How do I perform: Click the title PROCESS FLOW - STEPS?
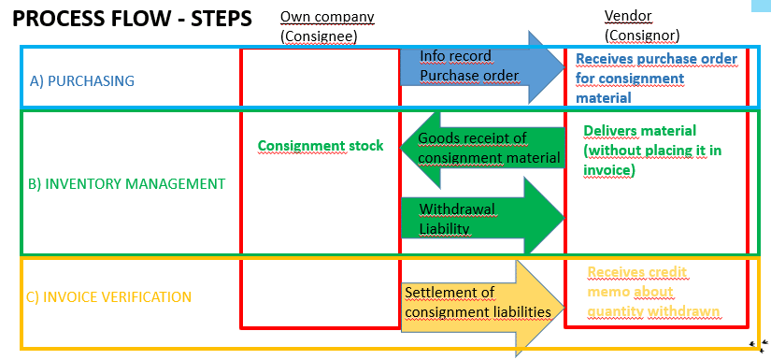click(x=133, y=19)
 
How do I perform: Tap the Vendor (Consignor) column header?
click(x=641, y=27)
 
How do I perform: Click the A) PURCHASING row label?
click(x=82, y=80)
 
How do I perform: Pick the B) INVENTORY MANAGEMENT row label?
click(x=127, y=183)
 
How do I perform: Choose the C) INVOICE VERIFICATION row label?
click(x=110, y=297)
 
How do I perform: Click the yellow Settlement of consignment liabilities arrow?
click(x=477, y=303)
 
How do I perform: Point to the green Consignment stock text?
click(x=321, y=146)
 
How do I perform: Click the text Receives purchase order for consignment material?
click(x=655, y=78)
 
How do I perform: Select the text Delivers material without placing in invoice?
click(x=651, y=151)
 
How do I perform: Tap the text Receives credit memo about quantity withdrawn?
click(x=653, y=292)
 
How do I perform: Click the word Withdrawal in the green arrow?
click(x=456, y=209)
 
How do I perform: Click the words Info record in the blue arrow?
click(x=455, y=56)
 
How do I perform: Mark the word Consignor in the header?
click(x=641, y=36)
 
